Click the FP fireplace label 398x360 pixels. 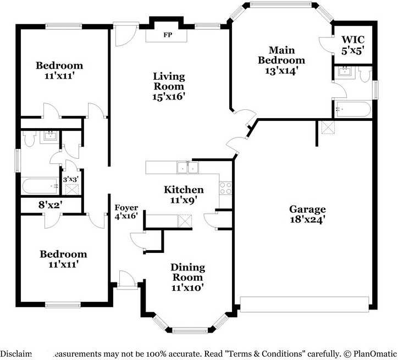click(166, 36)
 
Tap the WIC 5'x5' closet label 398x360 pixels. click(352, 44)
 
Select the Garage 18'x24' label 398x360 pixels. click(307, 214)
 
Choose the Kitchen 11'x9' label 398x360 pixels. click(184, 195)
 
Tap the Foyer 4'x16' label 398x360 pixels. click(126, 212)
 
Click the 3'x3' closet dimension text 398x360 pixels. click(71, 179)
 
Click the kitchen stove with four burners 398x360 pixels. click(225, 188)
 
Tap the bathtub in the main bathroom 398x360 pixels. click(352, 109)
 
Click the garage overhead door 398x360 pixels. click(305, 304)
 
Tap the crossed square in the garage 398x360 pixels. click(328, 128)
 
